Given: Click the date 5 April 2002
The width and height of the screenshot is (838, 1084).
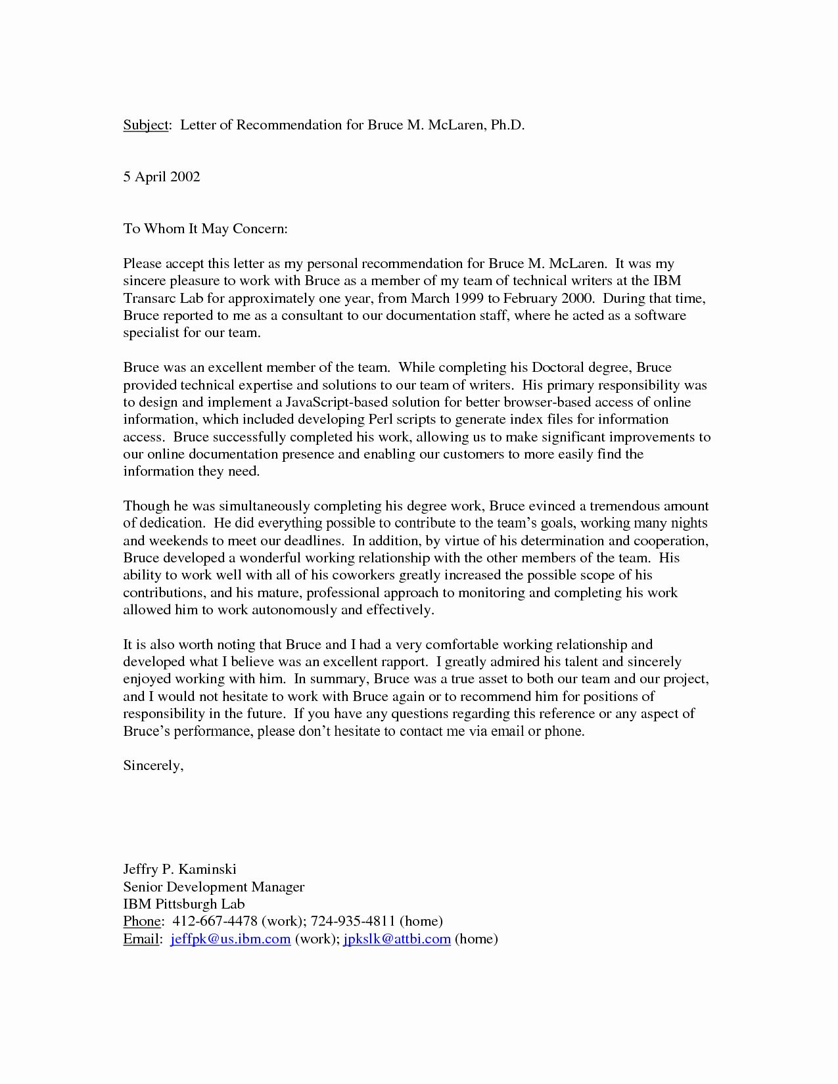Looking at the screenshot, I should pos(162,177).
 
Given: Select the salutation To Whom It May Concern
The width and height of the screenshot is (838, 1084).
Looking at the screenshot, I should pos(206,229).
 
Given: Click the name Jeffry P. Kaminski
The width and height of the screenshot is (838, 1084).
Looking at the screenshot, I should pos(179,869).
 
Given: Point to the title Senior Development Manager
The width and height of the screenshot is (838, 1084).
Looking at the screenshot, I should pos(214,887).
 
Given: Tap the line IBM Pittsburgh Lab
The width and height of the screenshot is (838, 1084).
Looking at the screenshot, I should pos(184,904).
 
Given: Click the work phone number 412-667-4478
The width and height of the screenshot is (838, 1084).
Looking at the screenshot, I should pos(214,921).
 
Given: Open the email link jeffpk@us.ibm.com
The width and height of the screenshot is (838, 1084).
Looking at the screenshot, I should pos(230,939).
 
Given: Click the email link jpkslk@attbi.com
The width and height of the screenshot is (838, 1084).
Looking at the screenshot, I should pos(397,939).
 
